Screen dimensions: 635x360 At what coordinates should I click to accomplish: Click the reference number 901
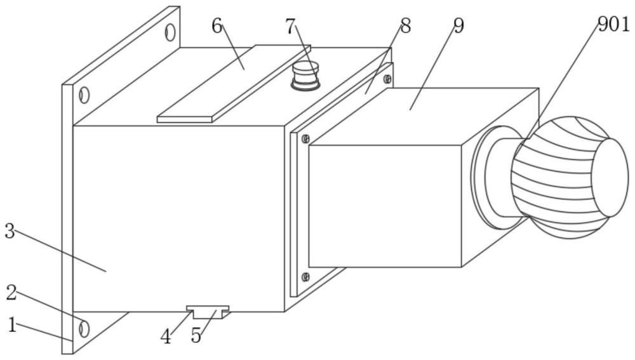613,25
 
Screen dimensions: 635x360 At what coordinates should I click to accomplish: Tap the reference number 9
458,26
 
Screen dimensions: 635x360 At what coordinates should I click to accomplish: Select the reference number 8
405,26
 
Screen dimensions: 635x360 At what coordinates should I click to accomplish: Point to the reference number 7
290,27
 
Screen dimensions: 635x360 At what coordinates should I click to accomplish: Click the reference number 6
217,27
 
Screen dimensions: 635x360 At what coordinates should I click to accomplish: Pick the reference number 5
196,336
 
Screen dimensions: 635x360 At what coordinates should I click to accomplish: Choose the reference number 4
166,337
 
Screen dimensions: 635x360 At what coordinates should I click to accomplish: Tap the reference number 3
10,231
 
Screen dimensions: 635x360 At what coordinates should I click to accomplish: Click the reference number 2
11,292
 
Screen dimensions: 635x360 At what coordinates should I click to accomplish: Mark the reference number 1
13,325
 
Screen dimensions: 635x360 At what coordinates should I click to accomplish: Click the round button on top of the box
305,76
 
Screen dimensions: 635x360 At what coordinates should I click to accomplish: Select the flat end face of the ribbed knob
610,177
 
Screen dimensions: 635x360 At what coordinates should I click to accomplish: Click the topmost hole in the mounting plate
170,32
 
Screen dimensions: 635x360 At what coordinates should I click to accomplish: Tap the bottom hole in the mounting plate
84,328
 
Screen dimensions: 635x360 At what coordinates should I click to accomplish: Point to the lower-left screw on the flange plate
306,277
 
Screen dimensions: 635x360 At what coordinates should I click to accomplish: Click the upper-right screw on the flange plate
387,79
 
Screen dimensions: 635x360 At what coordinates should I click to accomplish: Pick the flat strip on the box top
234,83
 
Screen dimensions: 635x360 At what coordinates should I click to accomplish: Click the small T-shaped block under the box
208,312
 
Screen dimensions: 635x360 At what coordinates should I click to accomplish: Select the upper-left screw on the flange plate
306,139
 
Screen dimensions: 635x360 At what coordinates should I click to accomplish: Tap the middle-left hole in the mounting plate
84,95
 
